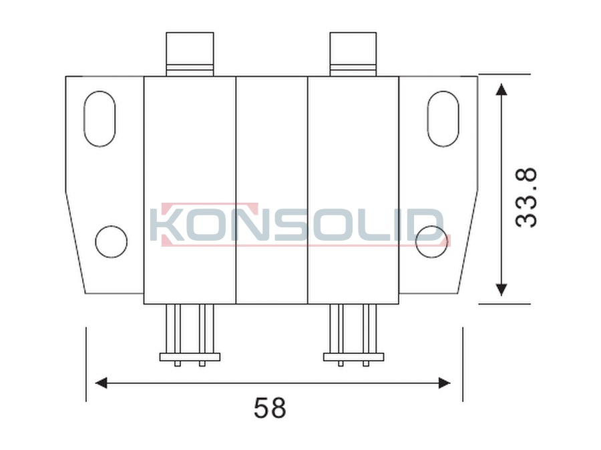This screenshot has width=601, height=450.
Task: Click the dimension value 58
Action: (270, 407)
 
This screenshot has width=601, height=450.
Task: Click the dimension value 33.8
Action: (526, 198)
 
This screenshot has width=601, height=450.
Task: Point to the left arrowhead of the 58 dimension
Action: (101, 383)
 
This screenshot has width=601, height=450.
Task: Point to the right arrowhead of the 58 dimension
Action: (444, 383)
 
